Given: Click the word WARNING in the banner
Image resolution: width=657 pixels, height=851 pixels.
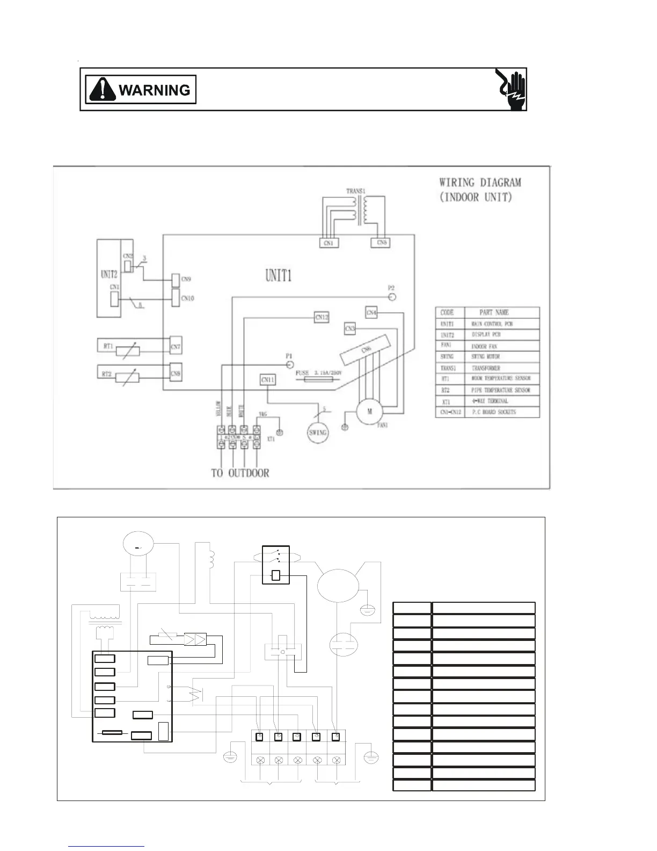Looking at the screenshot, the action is click(x=155, y=90).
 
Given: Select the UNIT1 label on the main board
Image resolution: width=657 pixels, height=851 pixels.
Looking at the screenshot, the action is click(x=279, y=276).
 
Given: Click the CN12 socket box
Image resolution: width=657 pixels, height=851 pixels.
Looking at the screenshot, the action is click(x=322, y=318).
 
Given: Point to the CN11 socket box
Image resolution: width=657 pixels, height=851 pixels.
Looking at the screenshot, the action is click(x=268, y=380).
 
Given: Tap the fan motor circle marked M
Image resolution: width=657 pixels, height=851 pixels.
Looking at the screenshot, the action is click(x=370, y=412).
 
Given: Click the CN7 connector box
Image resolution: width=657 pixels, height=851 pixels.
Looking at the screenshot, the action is click(x=176, y=347).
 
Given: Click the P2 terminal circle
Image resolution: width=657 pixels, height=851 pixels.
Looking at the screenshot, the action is click(x=392, y=297).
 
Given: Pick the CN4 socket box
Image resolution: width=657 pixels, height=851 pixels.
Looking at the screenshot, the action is click(x=371, y=312).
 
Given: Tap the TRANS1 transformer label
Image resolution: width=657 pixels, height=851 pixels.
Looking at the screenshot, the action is click(x=355, y=191).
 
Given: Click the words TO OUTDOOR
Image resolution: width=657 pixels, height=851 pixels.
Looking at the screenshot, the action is click(x=240, y=473).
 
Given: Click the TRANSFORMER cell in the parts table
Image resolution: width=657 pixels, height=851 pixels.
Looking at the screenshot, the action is click(x=486, y=369).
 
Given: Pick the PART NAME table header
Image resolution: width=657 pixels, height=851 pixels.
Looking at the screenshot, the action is click(x=494, y=312).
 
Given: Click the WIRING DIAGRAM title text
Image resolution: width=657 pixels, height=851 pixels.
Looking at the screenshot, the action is click(x=480, y=183).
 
